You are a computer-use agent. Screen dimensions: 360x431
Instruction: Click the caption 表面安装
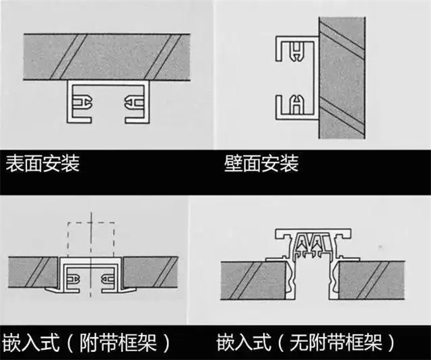coord(42,164)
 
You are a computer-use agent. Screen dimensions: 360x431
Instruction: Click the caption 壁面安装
coord(261,164)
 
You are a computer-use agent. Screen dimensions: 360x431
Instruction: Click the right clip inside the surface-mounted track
coord(131,103)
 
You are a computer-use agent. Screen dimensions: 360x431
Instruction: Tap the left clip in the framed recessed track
coord(75,276)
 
